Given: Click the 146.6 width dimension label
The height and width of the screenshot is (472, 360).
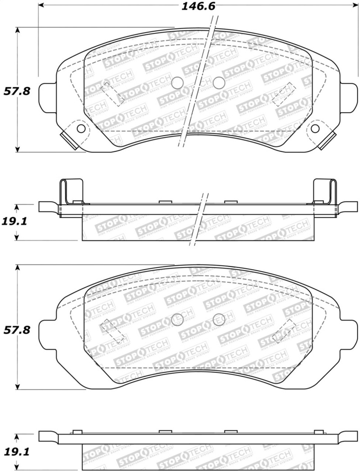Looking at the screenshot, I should tap(198, 7).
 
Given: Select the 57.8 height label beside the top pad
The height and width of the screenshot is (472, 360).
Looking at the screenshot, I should tap(17, 91).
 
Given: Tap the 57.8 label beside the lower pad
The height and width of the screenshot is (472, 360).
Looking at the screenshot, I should tap(17, 329).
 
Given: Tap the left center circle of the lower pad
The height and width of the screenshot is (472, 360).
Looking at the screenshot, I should tap(177, 319).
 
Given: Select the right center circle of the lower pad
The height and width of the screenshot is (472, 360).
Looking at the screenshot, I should tap(219, 319).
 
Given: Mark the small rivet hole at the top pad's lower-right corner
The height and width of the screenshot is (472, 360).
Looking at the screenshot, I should tap(315, 128).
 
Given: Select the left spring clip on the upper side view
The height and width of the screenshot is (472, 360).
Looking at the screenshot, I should tap(70, 192).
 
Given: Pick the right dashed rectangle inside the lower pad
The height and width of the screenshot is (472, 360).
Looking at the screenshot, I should tap(284, 331).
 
